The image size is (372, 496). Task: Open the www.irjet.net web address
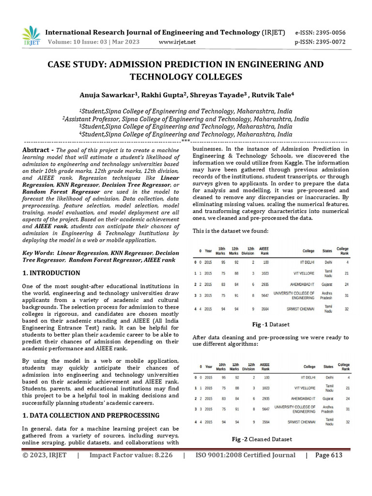pos(177,42)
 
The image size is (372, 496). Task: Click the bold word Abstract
pos(37,150)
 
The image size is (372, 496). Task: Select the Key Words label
pos(38,253)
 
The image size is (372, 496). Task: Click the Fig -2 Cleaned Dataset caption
pos(262,439)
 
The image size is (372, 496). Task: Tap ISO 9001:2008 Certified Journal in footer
pos(245,455)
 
